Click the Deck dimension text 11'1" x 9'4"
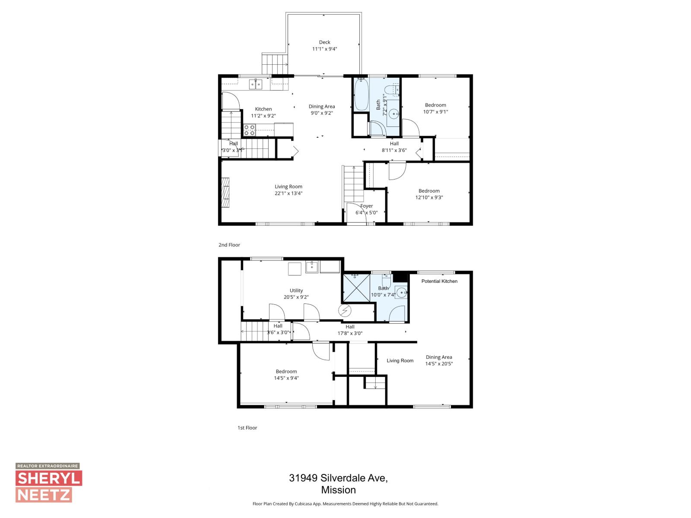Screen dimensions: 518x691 pos(324,49)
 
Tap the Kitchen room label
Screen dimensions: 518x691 pos(263,109)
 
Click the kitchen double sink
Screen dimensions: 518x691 pos(256,84)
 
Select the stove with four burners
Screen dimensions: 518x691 pos(249,130)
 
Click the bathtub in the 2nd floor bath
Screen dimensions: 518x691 pos(361,94)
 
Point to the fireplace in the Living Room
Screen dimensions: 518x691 pos(225,193)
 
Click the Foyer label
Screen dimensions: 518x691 pos(367,206)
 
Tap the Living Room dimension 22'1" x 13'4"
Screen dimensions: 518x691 pos(288,193)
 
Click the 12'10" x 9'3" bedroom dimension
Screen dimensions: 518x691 pos(429,198)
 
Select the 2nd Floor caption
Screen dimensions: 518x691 pos(229,245)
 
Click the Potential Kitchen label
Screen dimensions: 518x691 pos(439,281)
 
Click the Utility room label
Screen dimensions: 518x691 pos(296,291)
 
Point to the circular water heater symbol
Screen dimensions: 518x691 pos(345,310)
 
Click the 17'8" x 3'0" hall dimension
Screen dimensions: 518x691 pos(350,333)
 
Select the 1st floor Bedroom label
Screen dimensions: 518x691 pos(286,372)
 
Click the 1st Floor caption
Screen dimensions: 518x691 pos(247,428)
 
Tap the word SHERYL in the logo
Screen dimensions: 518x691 pos(49,478)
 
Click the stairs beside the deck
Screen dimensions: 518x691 pos(275,64)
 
